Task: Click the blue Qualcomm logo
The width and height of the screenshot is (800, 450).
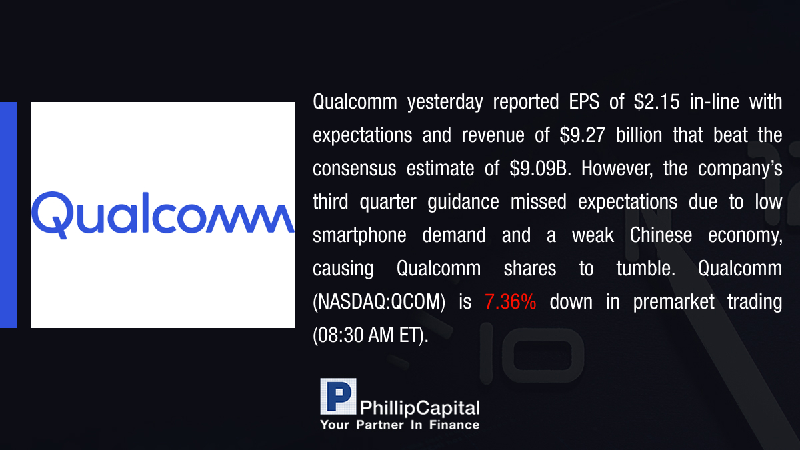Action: [x=163, y=215]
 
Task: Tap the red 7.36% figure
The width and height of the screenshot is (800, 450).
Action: [x=511, y=302]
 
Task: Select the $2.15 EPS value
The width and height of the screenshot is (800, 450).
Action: [x=657, y=102]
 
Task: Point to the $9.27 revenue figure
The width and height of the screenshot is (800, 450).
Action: [x=583, y=135]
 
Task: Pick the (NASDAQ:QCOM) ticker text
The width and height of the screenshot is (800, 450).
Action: [x=379, y=303]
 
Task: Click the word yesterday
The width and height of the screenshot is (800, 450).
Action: [x=445, y=103]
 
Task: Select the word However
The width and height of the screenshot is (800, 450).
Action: [x=617, y=169]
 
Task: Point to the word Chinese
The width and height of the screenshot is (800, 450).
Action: [x=661, y=235]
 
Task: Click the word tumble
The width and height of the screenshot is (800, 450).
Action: [x=646, y=269]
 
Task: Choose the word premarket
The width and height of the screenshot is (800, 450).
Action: [x=673, y=303]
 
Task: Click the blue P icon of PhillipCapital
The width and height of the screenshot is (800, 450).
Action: [x=338, y=397]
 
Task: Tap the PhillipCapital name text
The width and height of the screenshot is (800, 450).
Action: [x=419, y=408]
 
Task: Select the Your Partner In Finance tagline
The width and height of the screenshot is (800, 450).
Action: [x=400, y=425]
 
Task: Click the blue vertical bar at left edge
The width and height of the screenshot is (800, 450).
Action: [x=8, y=215]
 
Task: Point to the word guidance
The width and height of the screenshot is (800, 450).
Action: [x=463, y=203]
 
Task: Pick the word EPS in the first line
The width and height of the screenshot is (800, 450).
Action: [x=584, y=102]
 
